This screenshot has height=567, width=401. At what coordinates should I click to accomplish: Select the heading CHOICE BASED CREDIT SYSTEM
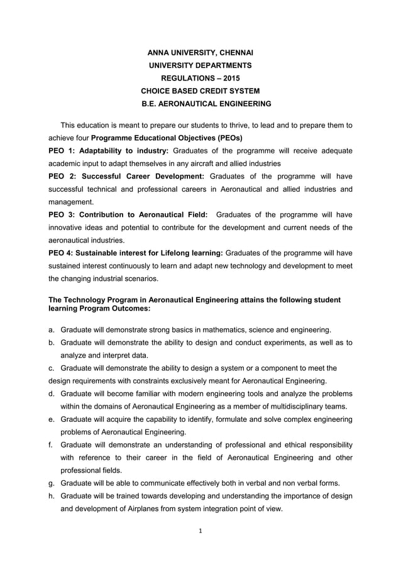click(200, 92)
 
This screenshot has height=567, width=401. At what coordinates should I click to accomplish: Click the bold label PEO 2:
click(62, 176)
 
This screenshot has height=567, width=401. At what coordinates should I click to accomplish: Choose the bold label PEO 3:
click(62, 215)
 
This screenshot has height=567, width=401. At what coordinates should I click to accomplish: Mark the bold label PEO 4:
click(62, 253)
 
